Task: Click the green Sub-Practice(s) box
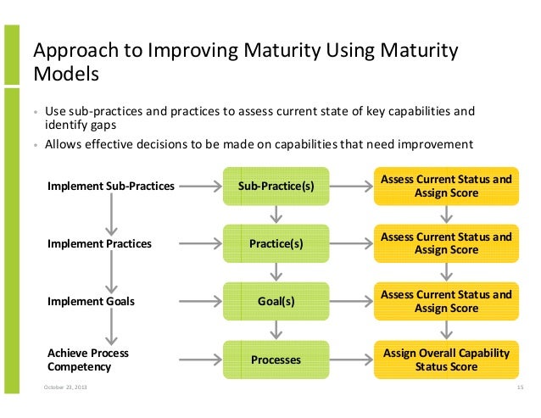[x=276, y=186]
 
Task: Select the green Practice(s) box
[x=276, y=243]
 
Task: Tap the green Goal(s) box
[x=276, y=301]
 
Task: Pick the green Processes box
[x=276, y=359]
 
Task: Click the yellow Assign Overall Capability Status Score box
[x=446, y=359]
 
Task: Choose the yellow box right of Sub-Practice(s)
[x=446, y=186]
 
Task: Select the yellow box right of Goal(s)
[x=446, y=301]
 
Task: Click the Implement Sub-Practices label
[x=111, y=186]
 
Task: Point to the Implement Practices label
[x=99, y=243]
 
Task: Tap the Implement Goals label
[x=91, y=301]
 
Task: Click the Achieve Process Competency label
[x=88, y=359]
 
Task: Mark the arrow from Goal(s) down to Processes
[x=276, y=331]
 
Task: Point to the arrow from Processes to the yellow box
[x=351, y=359]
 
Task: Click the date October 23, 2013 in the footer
[x=64, y=387]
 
